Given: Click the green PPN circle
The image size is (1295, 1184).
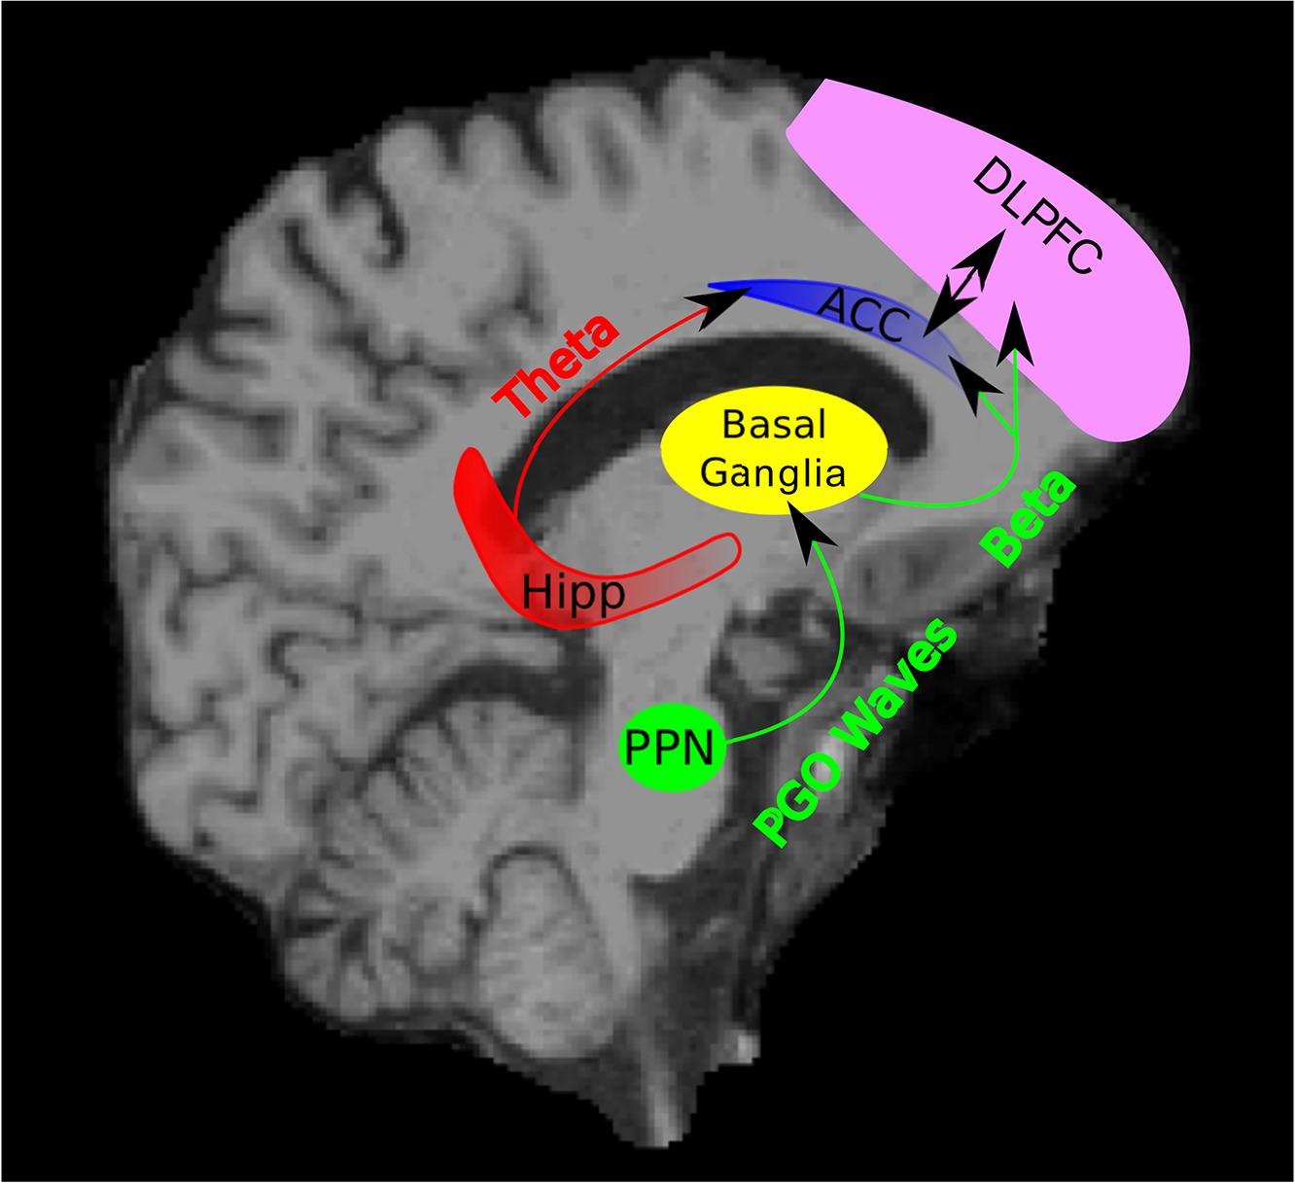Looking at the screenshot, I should point(672,749).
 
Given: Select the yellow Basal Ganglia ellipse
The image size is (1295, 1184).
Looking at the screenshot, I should point(774,451).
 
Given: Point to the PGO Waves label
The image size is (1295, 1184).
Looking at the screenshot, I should point(856,734).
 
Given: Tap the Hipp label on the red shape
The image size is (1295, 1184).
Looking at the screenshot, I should point(573,591).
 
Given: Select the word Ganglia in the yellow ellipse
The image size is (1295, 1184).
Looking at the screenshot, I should point(773,473).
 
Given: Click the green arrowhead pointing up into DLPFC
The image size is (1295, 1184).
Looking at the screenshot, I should point(1015,331).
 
